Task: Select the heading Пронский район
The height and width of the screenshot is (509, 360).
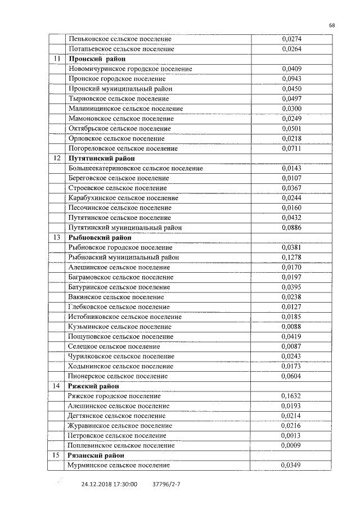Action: (96, 59)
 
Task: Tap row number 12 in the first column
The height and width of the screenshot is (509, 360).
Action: (57, 159)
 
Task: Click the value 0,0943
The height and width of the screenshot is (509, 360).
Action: (291, 79)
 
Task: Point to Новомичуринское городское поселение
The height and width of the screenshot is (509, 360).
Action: (130, 69)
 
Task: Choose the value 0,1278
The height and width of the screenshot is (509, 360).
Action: (291, 257)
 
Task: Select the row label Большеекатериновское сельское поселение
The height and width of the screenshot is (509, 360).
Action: (136, 168)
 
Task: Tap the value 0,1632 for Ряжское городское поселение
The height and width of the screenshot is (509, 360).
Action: (291, 396)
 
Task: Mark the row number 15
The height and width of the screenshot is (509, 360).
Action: (57, 455)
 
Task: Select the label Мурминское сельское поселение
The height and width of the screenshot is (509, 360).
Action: (118, 465)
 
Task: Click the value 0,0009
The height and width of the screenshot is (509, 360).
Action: (291, 445)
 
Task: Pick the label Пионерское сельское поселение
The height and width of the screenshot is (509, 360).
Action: (118, 376)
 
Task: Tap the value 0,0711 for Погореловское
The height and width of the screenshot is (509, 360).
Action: (291, 148)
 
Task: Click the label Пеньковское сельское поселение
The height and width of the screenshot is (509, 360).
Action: (120, 39)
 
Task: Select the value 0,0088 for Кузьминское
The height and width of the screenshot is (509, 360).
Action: (291, 326)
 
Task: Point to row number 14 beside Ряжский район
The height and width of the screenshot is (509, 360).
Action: (57, 386)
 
